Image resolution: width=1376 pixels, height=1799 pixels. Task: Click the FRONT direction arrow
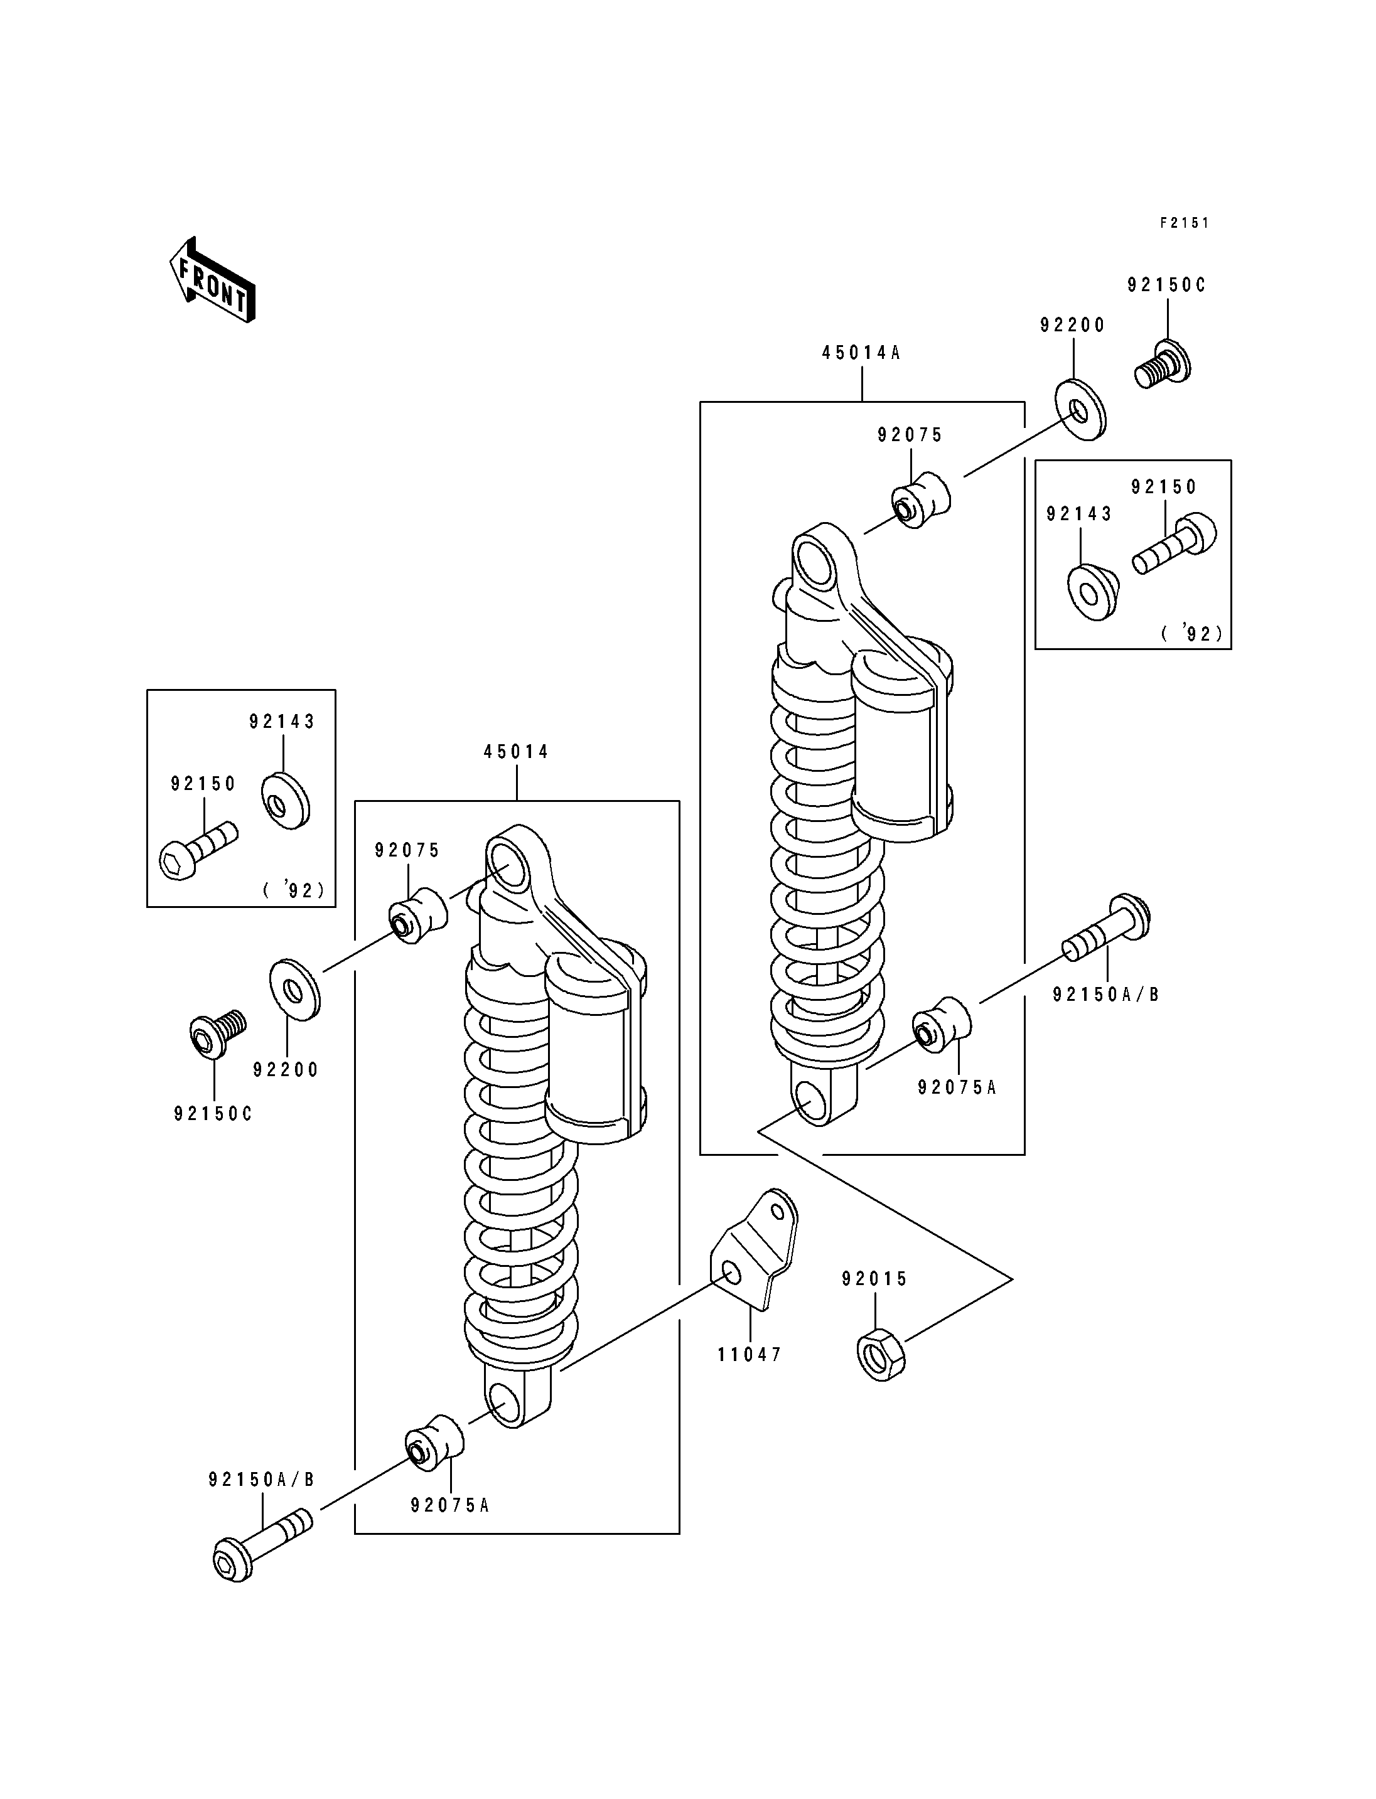click(x=212, y=281)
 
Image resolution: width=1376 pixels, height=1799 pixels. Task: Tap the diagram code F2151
click(x=1185, y=223)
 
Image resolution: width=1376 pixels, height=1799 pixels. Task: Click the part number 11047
click(x=750, y=1355)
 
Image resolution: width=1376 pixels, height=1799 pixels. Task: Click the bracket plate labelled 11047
click(x=753, y=1262)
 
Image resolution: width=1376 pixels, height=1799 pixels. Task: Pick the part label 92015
click(x=874, y=1279)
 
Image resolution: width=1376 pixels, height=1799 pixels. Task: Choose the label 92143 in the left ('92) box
click(x=282, y=722)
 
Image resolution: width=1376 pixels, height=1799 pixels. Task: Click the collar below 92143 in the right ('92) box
click(x=1093, y=591)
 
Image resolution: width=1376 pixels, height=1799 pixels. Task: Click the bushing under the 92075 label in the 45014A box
click(x=921, y=500)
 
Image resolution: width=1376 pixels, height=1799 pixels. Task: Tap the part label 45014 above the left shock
click(x=516, y=752)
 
